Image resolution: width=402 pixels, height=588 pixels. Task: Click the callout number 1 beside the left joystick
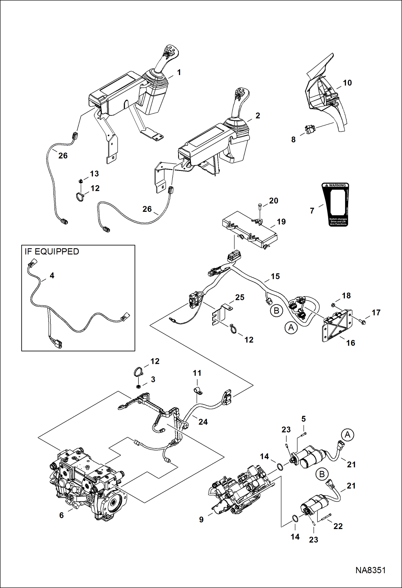[179, 72]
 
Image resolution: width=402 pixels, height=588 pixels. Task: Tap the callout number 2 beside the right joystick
[258, 116]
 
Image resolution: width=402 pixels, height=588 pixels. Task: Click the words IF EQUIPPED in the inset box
[52, 252]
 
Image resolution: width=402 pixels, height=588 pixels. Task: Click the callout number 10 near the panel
[347, 83]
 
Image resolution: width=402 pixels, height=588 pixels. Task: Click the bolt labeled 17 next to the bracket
[361, 321]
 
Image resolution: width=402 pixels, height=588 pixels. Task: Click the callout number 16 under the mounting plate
[350, 343]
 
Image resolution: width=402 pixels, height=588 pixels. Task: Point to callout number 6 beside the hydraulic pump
[61, 515]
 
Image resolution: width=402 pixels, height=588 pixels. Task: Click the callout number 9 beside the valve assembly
[201, 519]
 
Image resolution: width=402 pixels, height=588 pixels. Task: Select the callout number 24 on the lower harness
[203, 422]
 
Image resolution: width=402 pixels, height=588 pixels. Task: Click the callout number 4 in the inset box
[52, 275]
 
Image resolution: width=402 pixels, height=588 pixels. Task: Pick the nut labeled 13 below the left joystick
[80, 182]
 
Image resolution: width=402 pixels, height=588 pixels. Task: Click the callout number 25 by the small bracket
[240, 297]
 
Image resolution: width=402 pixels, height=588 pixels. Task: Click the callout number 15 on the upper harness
[275, 276]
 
